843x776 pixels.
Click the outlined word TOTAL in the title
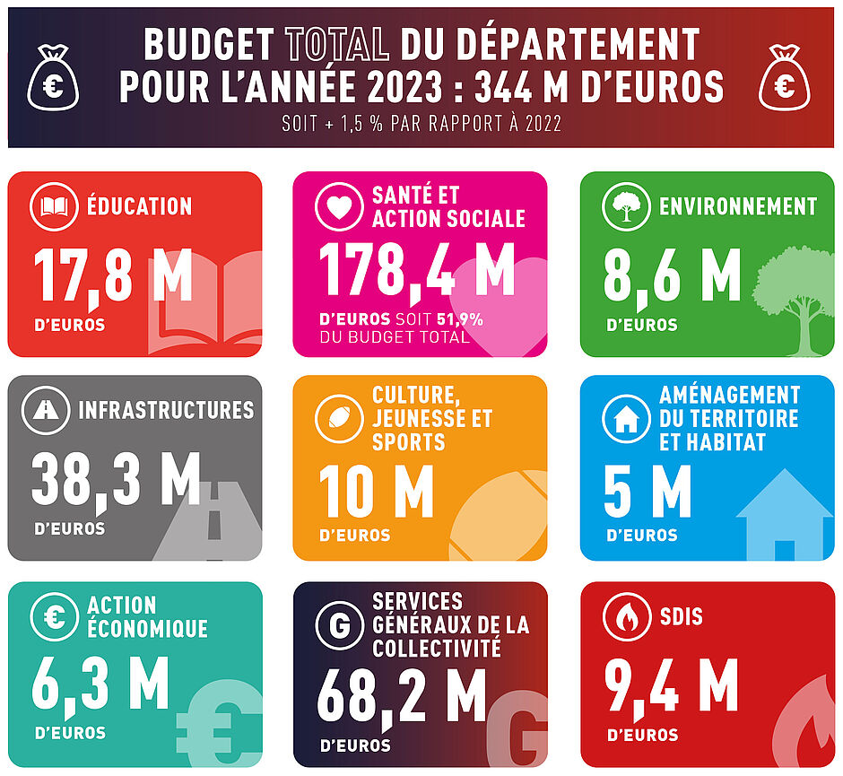point(336,43)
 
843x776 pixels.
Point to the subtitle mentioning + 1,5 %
point(421,124)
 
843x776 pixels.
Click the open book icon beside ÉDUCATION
point(54,206)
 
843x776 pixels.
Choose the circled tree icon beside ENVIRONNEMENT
point(625,206)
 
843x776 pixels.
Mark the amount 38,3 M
point(116,479)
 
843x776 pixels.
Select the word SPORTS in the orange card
point(409,441)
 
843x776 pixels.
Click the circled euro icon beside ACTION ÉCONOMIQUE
point(54,617)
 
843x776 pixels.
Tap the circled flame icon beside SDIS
point(625,617)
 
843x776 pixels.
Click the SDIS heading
point(681,617)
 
